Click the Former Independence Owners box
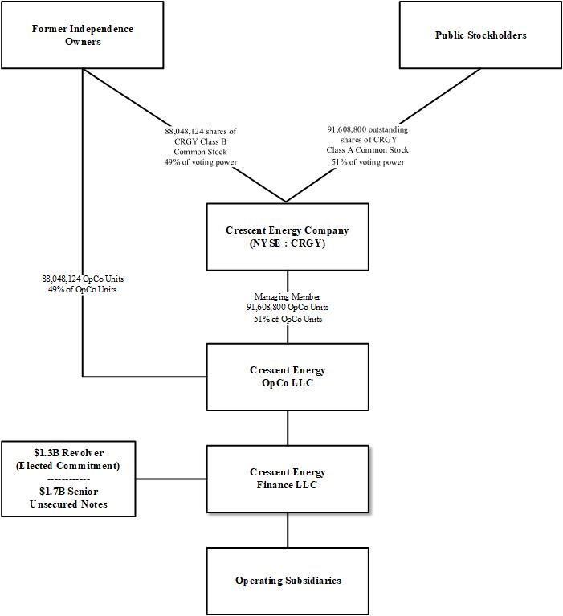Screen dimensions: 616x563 coord(83,35)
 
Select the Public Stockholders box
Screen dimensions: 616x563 coord(480,35)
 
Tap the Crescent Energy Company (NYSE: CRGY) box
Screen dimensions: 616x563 coord(288,236)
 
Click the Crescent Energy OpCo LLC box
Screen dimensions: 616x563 coord(288,376)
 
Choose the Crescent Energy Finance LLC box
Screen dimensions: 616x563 coord(288,479)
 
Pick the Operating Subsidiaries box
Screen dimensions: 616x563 coord(288,581)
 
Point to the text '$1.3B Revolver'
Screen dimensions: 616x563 coord(68,453)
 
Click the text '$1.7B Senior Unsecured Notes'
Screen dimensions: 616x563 coord(68,498)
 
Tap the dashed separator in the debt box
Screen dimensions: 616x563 coord(68,479)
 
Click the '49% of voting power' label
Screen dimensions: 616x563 coord(201,161)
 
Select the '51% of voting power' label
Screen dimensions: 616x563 coord(367,161)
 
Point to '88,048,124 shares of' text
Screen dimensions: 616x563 coord(201,130)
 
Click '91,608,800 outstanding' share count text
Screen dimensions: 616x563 coord(367,129)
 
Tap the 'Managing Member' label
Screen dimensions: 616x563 coord(287,296)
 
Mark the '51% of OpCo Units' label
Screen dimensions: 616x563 coord(287,318)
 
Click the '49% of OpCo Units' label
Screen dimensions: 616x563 coord(83,289)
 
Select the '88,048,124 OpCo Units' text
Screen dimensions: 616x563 coord(83,279)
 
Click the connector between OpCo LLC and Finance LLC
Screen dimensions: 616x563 coord(288,428)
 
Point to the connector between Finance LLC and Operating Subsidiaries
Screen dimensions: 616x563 coord(288,530)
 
